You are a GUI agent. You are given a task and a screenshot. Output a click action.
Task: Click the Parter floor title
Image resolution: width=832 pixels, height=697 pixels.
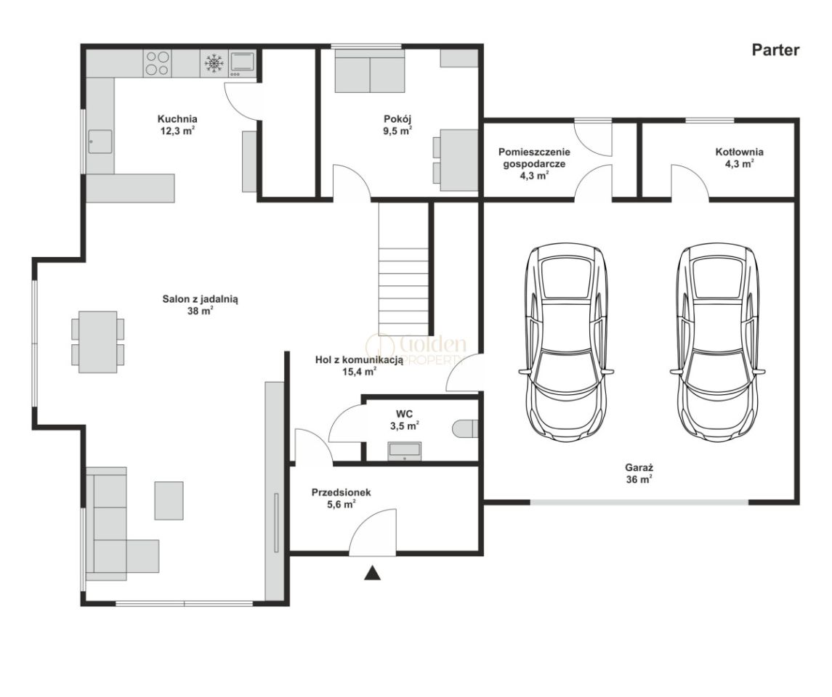775,50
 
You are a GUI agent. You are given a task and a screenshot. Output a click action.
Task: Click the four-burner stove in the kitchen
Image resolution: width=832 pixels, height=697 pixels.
158,63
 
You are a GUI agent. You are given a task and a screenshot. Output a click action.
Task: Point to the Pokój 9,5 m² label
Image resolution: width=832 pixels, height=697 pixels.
398,125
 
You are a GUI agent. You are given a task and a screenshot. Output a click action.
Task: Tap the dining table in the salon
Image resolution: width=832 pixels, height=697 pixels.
98,342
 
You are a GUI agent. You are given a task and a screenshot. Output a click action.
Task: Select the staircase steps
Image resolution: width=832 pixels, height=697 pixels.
403,268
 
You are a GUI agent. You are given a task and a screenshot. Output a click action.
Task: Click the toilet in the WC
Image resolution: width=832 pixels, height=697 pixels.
467,429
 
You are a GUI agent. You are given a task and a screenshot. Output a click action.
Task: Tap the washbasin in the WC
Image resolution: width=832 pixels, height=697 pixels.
405,450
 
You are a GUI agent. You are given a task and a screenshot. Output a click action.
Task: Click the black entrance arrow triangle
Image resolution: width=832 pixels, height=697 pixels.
373,573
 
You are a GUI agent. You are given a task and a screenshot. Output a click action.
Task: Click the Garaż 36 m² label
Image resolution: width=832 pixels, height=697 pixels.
639,474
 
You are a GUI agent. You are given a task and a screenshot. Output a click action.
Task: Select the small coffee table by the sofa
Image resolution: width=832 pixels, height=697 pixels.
169,500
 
